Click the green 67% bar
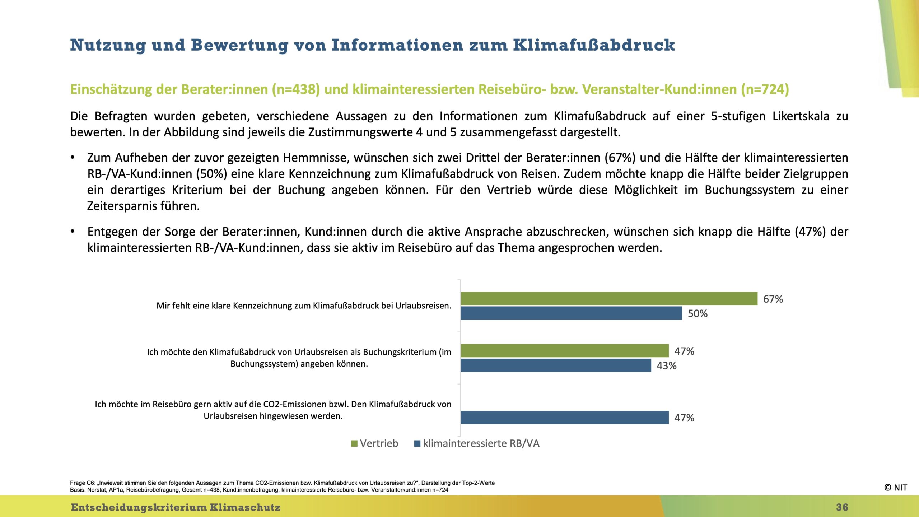coord(609,298)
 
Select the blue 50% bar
coord(572,313)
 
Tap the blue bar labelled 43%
coord(556,365)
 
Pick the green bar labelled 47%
coord(565,351)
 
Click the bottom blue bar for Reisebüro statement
coord(565,418)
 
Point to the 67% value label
coord(773,299)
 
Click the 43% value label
coord(667,366)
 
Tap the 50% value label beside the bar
coord(698,314)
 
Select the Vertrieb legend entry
coord(375,443)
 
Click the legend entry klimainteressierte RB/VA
coord(477,443)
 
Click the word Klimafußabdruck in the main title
coord(594,45)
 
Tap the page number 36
coord(842,507)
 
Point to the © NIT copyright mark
coord(895,488)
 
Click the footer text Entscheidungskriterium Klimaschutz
coord(176,507)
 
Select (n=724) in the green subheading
coord(765,89)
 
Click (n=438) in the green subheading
coord(296,89)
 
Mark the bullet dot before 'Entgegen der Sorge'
coord(73,231)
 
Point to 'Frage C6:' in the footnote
coord(82,483)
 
